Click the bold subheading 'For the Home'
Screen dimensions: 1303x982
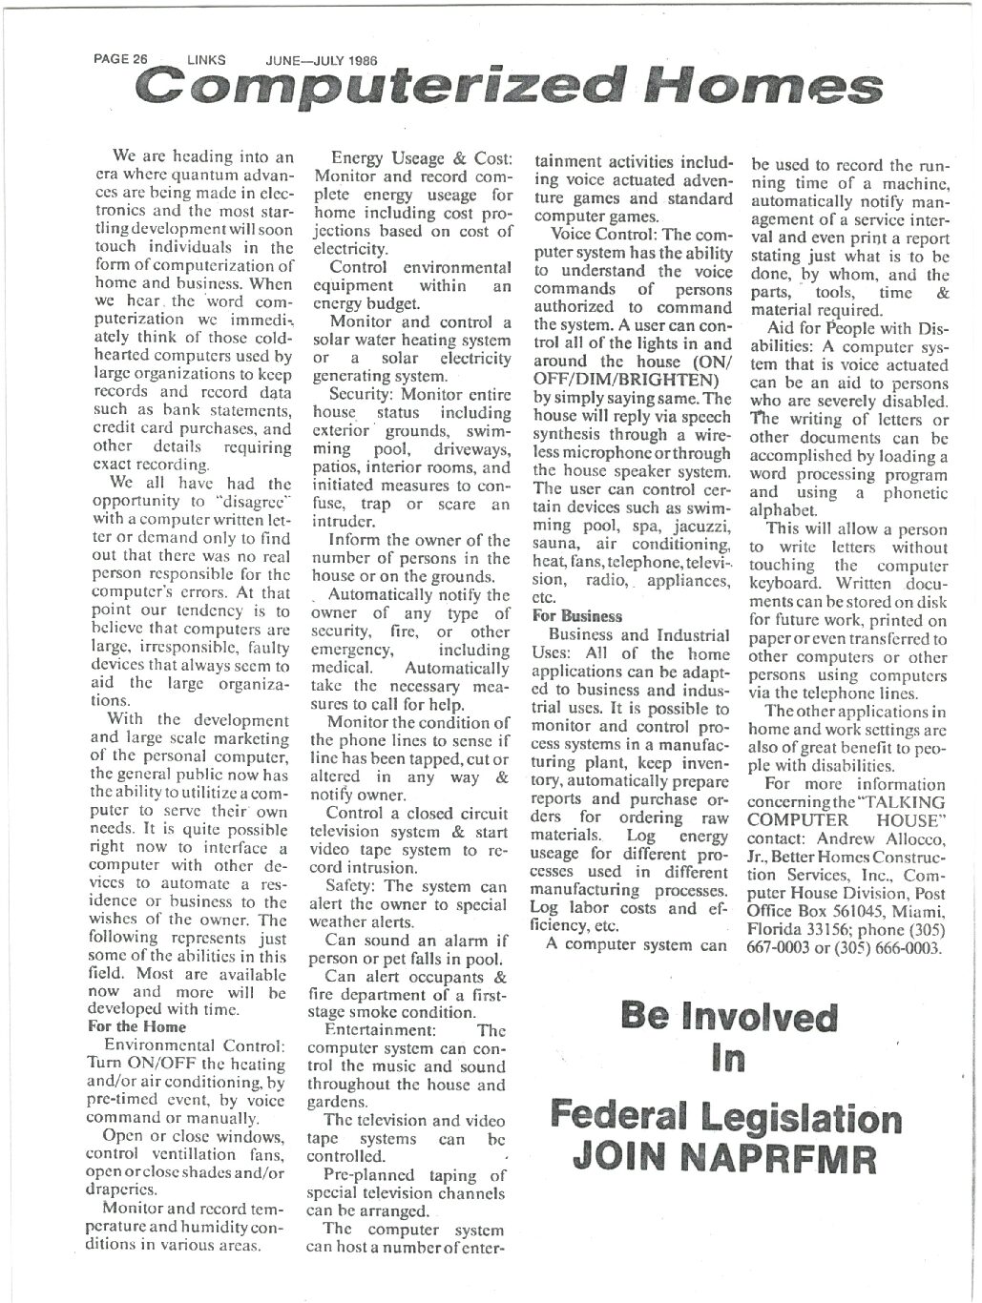pyautogui.click(x=137, y=1026)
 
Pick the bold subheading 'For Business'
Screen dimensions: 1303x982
pyautogui.click(x=577, y=616)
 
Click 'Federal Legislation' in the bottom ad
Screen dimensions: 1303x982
pyautogui.click(x=726, y=1116)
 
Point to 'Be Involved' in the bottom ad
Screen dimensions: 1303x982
pyautogui.click(x=728, y=1017)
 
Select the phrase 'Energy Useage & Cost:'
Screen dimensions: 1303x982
pyautogui.click(x=422, y=157)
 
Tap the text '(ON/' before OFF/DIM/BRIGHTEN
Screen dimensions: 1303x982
pyautogui.click(x=710, y=362)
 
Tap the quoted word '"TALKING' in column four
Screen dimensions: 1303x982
pyautogui.click(x=903, y=802)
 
